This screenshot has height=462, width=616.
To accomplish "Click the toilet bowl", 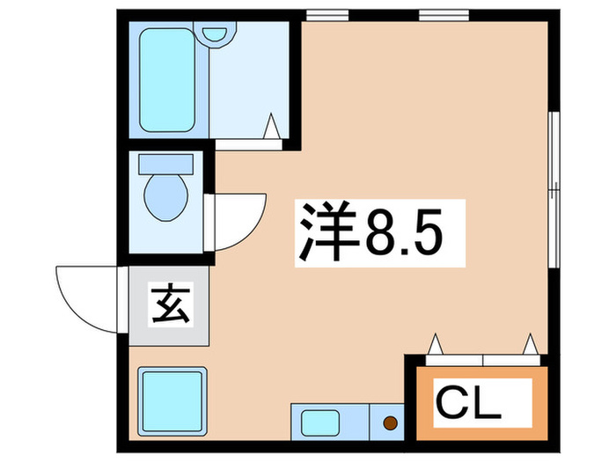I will (165, 195).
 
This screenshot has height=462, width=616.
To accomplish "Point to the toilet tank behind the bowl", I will (165, 164).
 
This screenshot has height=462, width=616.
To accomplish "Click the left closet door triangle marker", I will (436, 344).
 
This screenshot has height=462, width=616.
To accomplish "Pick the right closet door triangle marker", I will (531, 344).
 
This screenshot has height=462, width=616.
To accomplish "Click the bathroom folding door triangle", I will (273, 128).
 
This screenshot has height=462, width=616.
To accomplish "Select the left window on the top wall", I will (327, 15).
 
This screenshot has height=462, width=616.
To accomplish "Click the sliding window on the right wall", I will (554, 188).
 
